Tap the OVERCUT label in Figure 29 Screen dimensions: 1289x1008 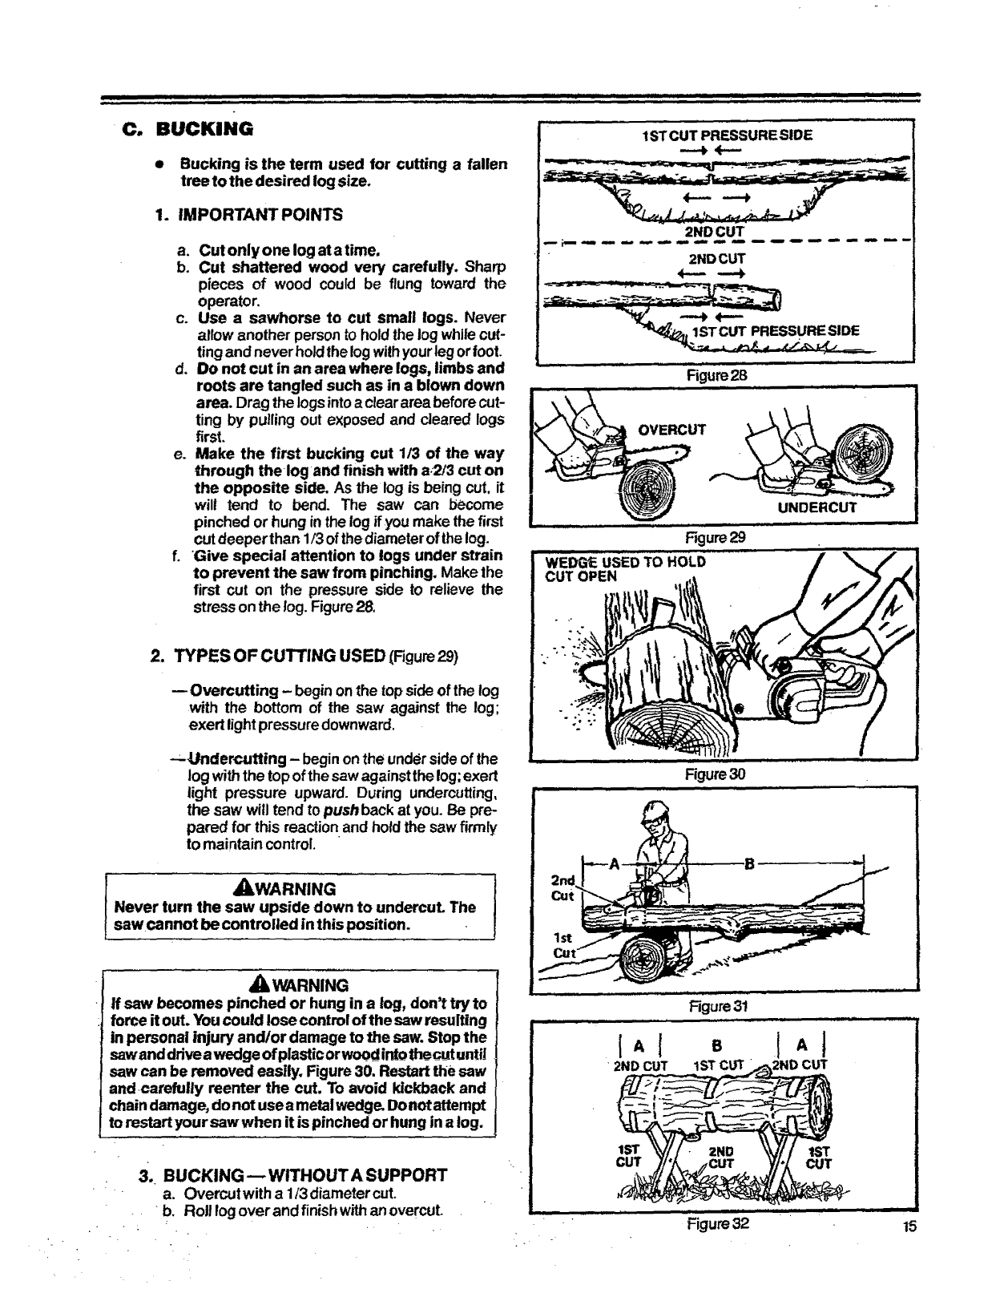tap(671, 429)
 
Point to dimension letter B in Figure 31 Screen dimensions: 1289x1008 tap(750, 864)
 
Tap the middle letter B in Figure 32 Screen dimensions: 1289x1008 tap(717, 1046)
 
